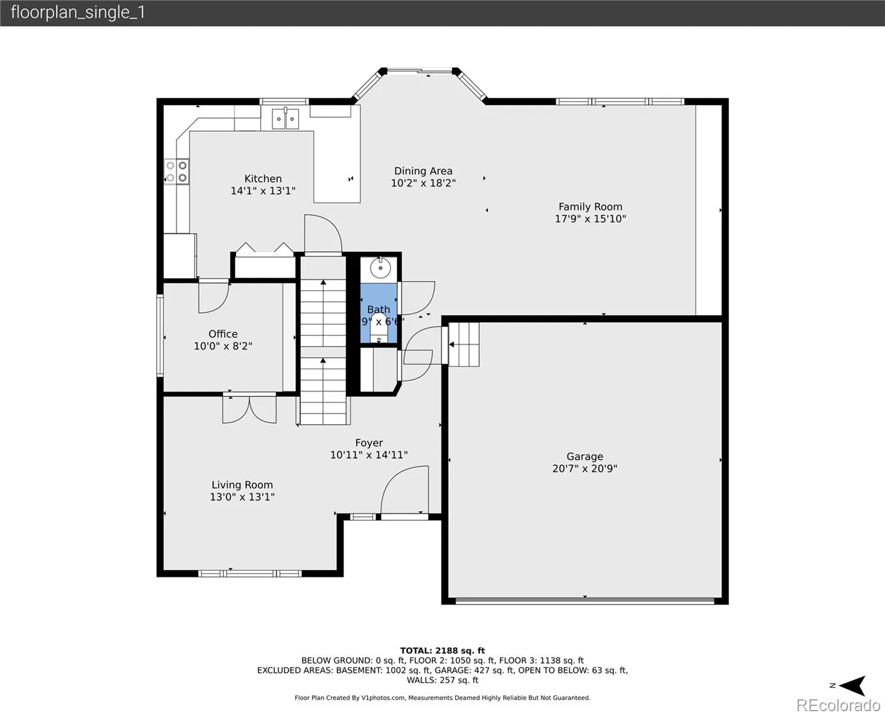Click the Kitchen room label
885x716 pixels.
tap(263, 178)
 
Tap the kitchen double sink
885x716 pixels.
tap(285, 119)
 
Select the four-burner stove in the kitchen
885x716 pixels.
tap(177, 171)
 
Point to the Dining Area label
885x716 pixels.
tap(423, 171)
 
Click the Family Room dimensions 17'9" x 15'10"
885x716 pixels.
tap(590, 218)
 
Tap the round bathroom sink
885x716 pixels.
tap(380, 268)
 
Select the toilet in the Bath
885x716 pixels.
tap(379, 328)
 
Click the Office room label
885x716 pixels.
tap(223, 334)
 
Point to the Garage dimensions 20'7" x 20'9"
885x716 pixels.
tap(584, 468)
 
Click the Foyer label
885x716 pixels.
tap(369, 443)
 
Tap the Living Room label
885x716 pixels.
tap(242, 484)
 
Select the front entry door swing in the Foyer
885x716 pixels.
tap(405, 490)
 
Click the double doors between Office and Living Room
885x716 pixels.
tap(249, 410)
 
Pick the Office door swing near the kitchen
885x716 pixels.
tap(213, 298)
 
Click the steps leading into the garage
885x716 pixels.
tap(463, 344)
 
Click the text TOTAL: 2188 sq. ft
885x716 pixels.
tap(442, 650)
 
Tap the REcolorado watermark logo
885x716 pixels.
tap(838, 705)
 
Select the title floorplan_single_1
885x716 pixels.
tap(78, 13)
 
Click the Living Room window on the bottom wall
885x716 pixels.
tap(250, 574)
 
